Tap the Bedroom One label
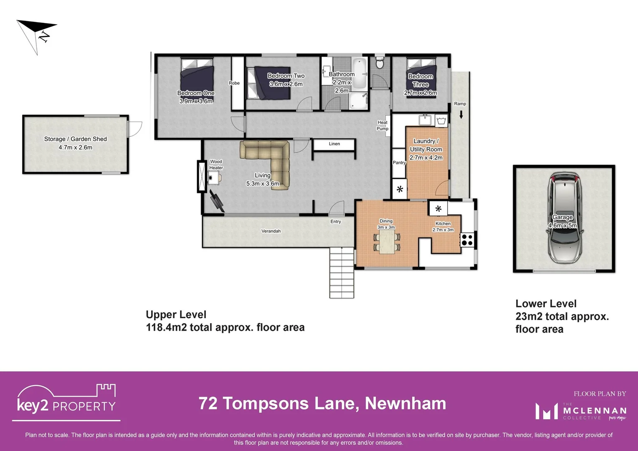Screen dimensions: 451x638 click(x=196, y=97)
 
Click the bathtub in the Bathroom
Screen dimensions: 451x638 click(x=359, y=73)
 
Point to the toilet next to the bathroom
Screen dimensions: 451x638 click(x=380, y=63)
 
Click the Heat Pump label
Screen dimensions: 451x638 click(x=382, y=126)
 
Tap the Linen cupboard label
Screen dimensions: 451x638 click(x=334, y=144)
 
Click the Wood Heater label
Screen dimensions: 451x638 click(x=216, y=165)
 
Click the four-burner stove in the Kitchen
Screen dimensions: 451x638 click(x=467, y=240)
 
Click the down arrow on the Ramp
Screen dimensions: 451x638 click(x=461, y=114)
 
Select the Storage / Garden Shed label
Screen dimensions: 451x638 click(x=76, y=143)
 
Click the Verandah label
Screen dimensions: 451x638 click(x=271, y=231)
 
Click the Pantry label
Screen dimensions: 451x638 click(x=399, y=162)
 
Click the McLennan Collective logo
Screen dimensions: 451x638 click(x=580, y=411)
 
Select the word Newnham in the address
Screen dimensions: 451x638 click(x=405, y=403)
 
